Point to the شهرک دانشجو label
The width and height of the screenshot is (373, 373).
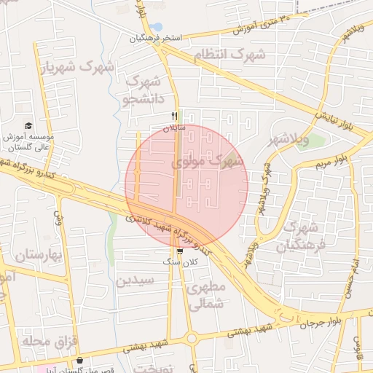[x=144, y=88]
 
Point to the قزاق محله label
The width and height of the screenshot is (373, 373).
[x=40, y=341]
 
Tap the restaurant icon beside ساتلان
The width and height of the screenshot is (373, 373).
[x=174, y=116]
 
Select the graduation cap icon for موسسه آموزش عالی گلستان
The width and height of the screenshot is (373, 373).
[x=28, y=125]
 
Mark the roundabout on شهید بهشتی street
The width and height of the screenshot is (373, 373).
[x=192, y=338]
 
